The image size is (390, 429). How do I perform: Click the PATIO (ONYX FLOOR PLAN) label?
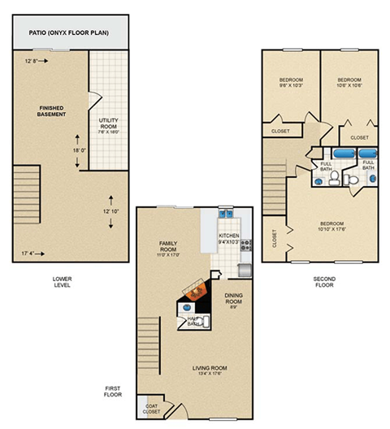[71, 33]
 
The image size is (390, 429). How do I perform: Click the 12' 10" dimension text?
[112, 211]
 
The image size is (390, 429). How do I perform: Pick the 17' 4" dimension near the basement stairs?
[28, 253]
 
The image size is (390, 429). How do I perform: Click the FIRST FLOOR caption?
[114, 391]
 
